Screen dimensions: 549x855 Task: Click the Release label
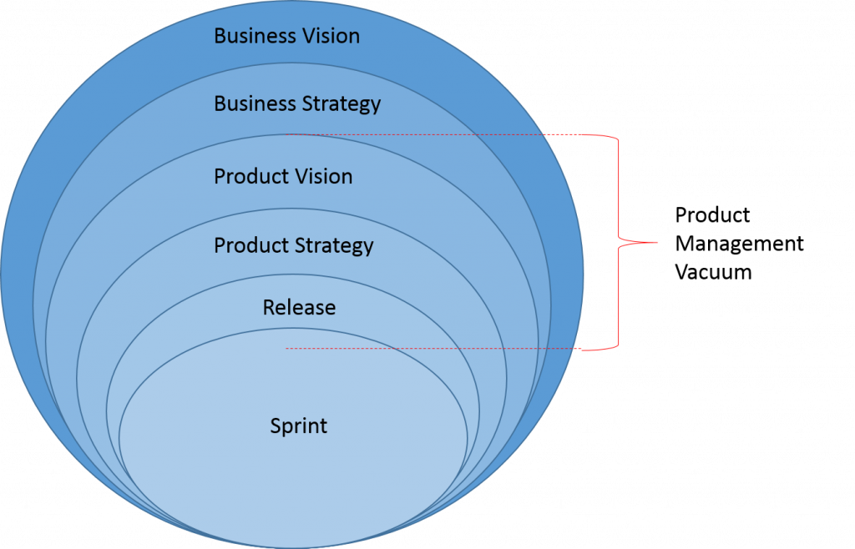coord(299,308)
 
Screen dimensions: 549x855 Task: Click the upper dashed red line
coord(417,134)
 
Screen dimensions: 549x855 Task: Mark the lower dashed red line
coord(417,348)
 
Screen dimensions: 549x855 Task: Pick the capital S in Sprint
coord(276,426)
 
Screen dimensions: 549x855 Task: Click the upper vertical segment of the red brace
coord(619,188)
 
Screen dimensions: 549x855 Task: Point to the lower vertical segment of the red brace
coord(619,296)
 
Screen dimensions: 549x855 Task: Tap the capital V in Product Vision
coord(291,177)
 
